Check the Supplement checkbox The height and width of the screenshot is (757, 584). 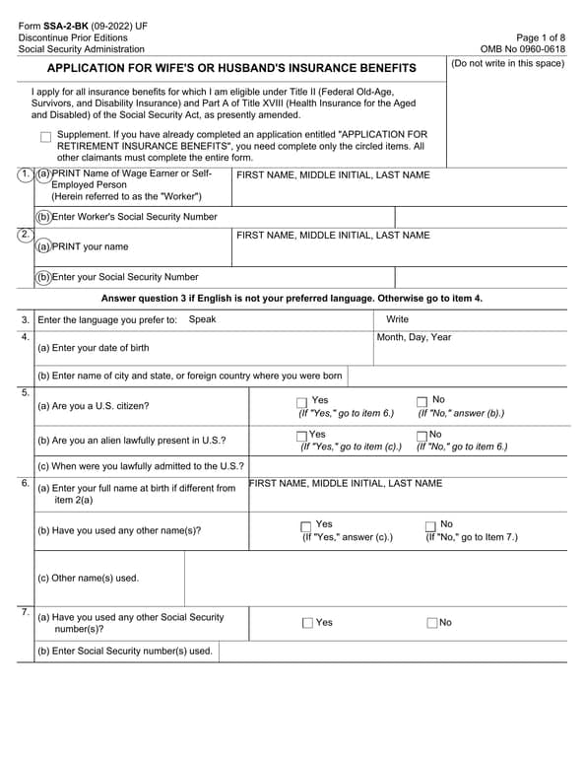point(46,137)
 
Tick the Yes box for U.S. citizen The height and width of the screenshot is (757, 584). point(301,402)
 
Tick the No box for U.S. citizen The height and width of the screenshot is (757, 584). point(422,402)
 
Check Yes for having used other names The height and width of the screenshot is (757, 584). point(306,526)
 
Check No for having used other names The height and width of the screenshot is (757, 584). point(430,526)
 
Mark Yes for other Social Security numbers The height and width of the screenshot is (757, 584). point(307,623)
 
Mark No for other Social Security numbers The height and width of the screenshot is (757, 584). point(432,623)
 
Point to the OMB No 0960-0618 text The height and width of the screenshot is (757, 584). point(522,48)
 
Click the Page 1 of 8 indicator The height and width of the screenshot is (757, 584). point(540,35)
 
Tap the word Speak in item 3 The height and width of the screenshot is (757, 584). point(202,319)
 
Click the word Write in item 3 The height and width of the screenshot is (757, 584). point(397,319)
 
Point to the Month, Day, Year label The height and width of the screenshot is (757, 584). point(414,337)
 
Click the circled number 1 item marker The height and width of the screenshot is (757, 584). point(25,174)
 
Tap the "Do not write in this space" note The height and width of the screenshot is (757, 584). point(507,64)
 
